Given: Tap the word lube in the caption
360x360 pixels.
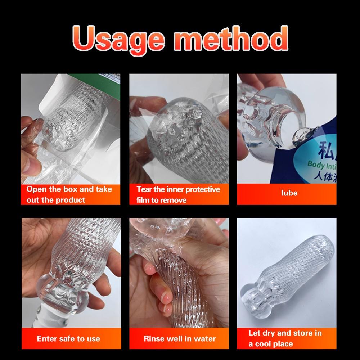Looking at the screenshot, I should [289, 193].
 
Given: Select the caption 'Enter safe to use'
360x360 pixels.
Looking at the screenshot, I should [68, 338].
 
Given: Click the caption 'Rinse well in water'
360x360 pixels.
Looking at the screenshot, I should [180, 338].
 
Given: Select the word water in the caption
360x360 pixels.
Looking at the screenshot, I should [205, 338].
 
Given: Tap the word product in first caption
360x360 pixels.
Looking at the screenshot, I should [71, 200].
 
